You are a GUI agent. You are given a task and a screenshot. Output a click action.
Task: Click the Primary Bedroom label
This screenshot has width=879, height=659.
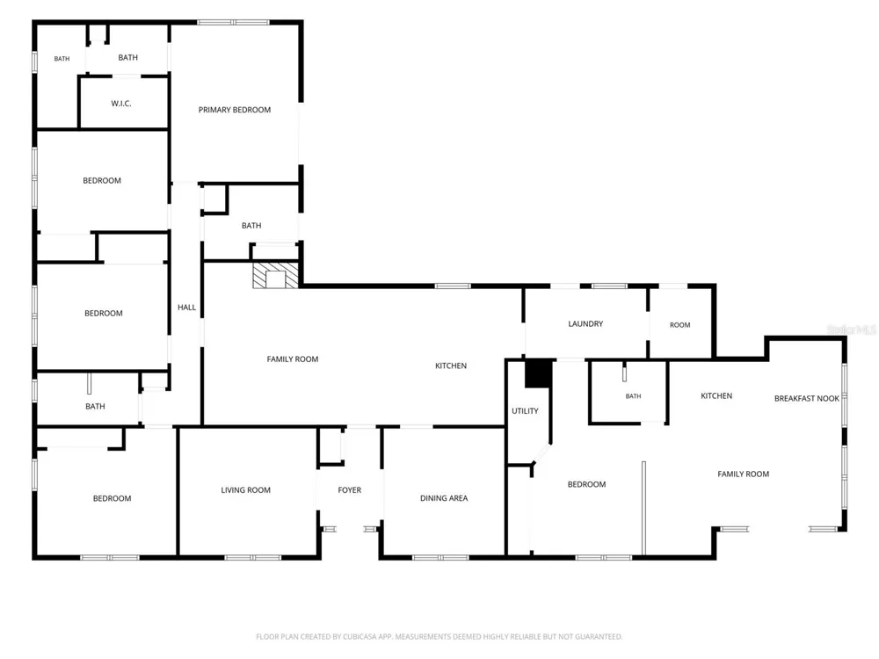click(x=235, y=110)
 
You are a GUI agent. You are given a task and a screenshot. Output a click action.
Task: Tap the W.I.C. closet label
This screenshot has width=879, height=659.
click(x=121, y=104)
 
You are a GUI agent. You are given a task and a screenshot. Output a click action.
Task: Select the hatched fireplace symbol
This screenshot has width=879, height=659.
click(x=275, y=275)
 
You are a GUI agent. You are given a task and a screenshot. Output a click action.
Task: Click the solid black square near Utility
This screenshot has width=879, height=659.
click(x=538, y=373)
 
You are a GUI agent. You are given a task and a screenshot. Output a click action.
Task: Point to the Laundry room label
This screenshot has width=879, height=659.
click(x=585, y=324)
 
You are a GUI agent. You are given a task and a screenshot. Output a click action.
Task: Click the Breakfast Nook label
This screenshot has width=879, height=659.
click(x=807, y=398)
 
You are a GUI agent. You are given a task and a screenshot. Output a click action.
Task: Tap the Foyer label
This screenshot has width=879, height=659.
click(x=349, y=489)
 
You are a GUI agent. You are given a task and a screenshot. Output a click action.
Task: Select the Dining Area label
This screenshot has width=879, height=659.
click(x=444, y=497)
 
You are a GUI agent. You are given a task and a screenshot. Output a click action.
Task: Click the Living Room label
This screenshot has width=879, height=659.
click(x=245, y=489)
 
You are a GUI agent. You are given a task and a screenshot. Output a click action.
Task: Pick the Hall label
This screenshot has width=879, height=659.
click(x=186, y=307)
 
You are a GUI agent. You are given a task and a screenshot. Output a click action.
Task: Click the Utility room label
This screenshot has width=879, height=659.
click(x=525, y=410)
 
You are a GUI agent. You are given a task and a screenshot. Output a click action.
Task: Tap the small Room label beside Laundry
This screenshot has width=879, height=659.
click(x=680, y=325)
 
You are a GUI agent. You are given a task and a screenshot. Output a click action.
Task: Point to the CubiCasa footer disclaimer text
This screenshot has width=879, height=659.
click(x=439, y=636)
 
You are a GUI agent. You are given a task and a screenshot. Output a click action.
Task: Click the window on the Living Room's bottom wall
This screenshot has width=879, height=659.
click(x=253, y=558)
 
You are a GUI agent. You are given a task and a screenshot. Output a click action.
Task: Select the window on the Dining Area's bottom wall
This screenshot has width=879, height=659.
click(x=440, y=558)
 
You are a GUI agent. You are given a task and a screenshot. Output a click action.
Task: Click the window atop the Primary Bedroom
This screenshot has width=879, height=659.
click(x=233, y=23)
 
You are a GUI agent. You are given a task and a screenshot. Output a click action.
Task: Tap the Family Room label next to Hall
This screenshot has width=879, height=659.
click(x=293, y=359)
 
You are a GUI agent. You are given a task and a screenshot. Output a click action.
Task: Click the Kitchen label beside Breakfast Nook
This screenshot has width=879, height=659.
click(x=716, y=395)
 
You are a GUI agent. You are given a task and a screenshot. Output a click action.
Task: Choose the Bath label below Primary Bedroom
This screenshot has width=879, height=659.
click(x=251, y=225)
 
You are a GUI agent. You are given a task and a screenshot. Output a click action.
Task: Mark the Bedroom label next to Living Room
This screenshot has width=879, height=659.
click(x=113, y=498)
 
